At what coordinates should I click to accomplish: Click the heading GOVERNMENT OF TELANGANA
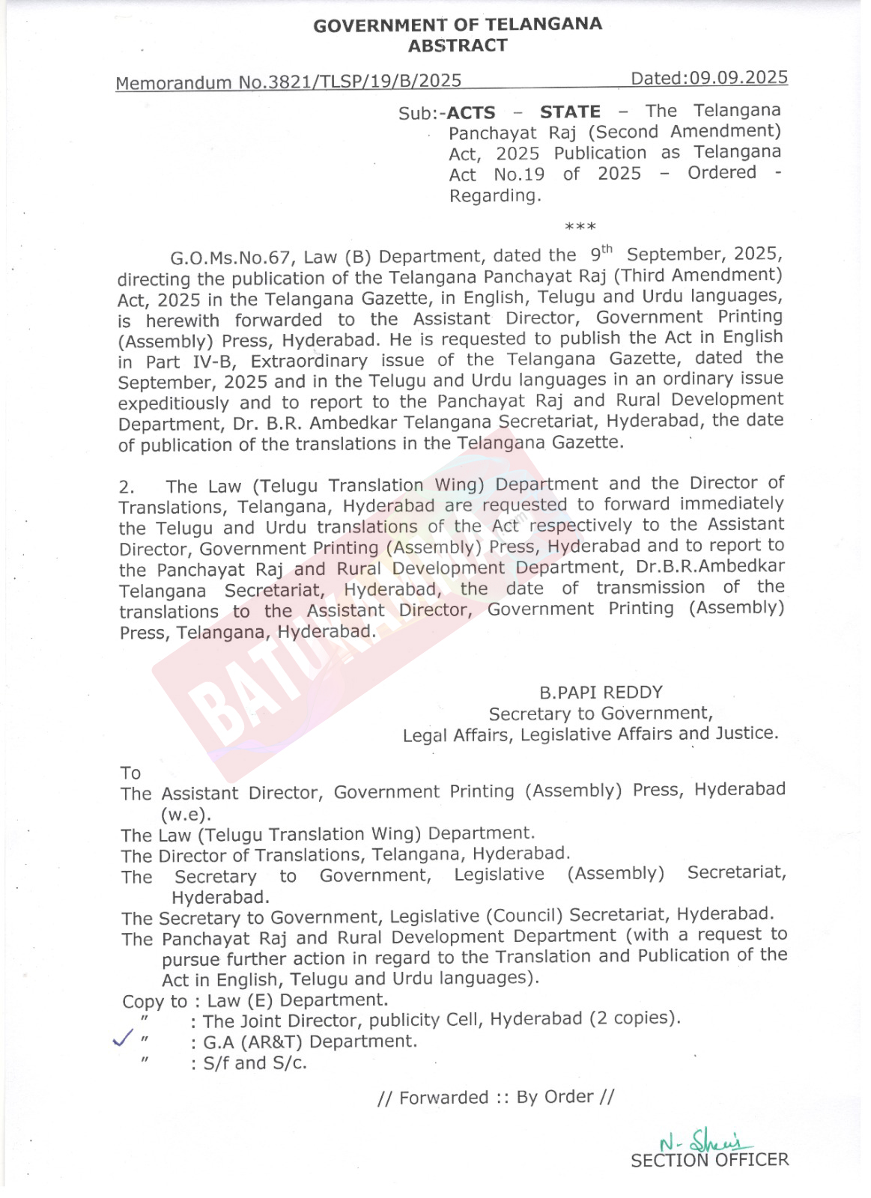click(457, 25)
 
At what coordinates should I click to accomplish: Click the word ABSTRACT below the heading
click(457, 46)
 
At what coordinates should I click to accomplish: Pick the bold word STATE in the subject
click(570, 112)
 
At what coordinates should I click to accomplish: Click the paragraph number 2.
click(127, 487)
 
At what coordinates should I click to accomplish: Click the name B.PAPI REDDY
click(601, 693)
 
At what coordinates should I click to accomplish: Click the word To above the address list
click(130, 772)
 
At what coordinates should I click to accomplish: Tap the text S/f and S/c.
click(255, 1062)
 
